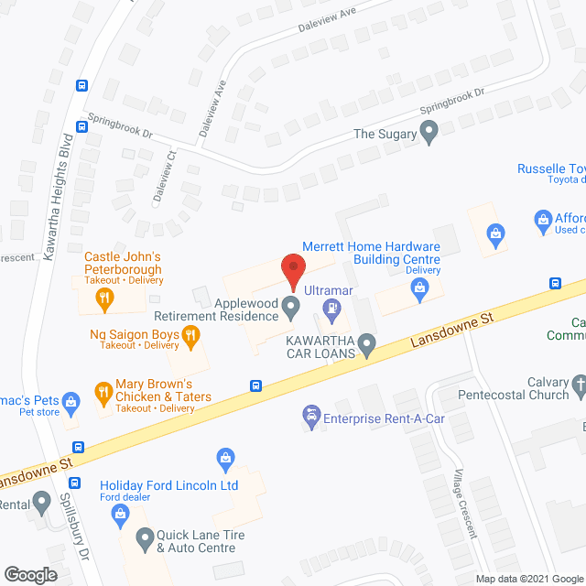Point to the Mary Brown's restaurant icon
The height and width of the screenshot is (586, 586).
pyautogui.click(x=103, y=396)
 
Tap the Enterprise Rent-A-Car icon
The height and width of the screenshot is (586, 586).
pyautogui.click(x=312, y=418)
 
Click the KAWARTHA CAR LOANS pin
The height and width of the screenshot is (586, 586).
pyautogui.click(x=367, y=345)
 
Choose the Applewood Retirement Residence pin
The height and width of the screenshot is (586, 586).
pyautogui.click(x=291, y=307)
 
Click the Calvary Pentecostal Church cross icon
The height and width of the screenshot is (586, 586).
pyautogui.click(x=579, y=388)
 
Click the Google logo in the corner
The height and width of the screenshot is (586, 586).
pyautogui.click(x=29, y=574)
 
